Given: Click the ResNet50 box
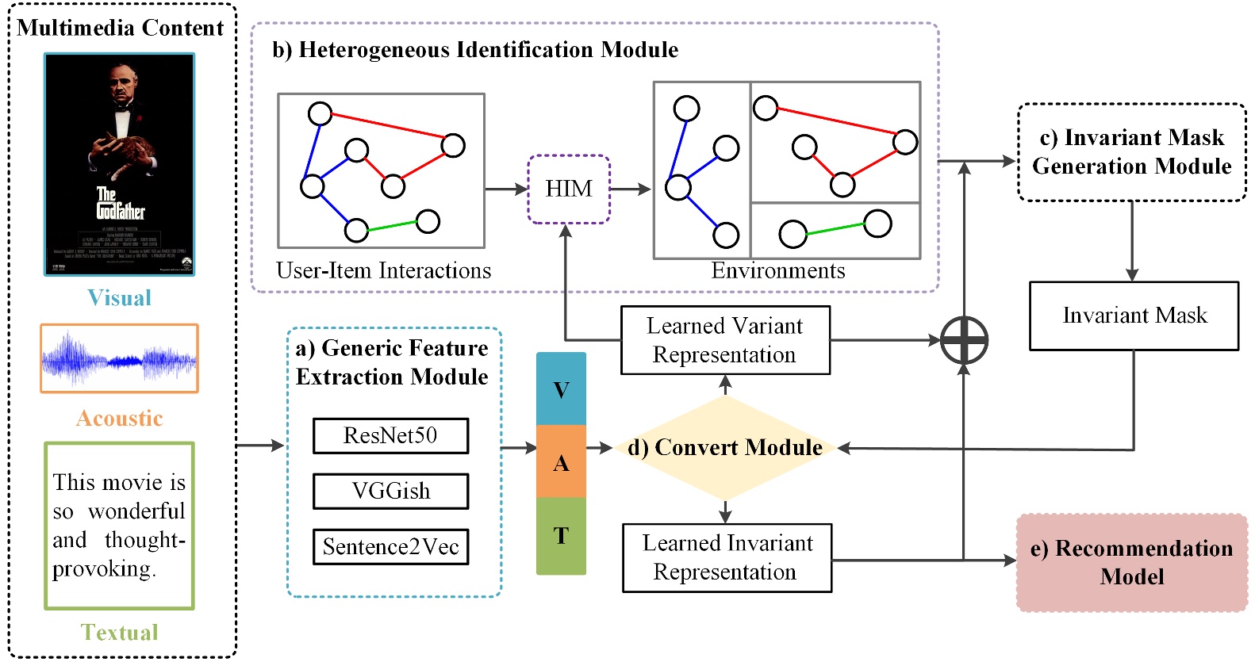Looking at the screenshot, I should click(390, 436).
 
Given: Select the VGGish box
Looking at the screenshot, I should click(390, 492).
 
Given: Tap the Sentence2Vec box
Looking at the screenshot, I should click(390, 547).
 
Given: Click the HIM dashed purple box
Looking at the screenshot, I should click(569, 189).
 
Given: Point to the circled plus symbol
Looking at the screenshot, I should click(964, 340).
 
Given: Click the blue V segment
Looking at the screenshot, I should click(561, 389).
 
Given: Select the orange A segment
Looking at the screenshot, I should click(561, 462).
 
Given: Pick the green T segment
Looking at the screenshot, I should click(561, 536).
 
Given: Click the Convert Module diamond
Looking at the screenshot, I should click(725, 448).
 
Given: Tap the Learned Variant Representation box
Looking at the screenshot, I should click(725, 340).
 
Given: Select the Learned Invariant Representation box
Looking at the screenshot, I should click(727, 557).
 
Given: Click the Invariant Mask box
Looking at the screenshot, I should click(1134, 316).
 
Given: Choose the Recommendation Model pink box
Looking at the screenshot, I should click(1132, 562).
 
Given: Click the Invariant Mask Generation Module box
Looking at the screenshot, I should click(1131, 152).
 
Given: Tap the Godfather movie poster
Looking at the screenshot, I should click(119, 164).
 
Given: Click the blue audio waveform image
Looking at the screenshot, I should click(119, 358).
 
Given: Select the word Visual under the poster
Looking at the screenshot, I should click(119, 298).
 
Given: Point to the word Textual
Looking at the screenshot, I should click(119, 632).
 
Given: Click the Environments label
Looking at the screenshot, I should click(777, 271).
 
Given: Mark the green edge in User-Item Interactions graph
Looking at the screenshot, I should click(392, 226).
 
